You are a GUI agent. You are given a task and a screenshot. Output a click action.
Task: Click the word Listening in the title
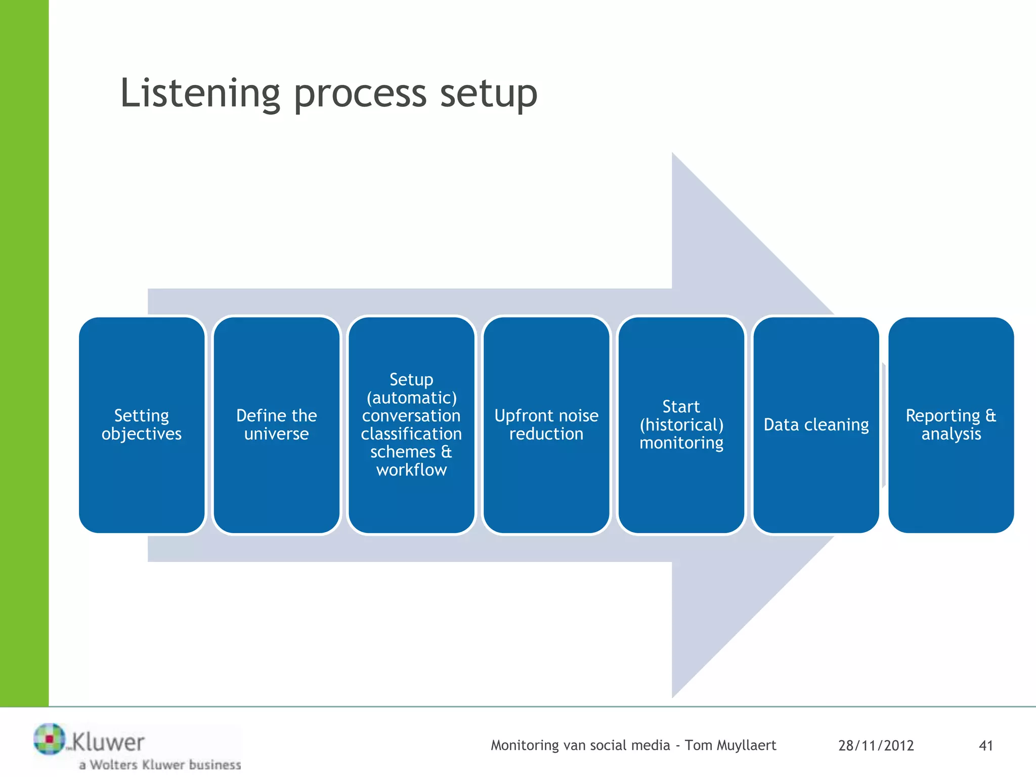pyautogui.click(x=200, y=94)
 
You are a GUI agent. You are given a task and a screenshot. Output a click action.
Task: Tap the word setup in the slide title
pyautogui.click(x=488, y=94)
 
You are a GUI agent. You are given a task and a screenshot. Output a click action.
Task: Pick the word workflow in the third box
pyautogui.click(x=411, y=470)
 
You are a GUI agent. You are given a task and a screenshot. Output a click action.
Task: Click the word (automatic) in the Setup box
pyautogui.click(x=411, y=398)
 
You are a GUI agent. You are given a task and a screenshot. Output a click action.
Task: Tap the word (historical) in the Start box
pyautogui.click(x=681, y=425)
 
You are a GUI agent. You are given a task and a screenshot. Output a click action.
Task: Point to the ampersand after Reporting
pyautogui.click(x=990, y=416)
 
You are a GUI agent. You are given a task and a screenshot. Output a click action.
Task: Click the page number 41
pyautogui.click(x=986, y=746)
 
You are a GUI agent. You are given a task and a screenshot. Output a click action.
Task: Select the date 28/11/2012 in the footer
pyautogui.click(x=876, y=746)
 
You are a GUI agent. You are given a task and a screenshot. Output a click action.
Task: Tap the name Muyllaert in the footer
pyautogui.click(x=746, y=746)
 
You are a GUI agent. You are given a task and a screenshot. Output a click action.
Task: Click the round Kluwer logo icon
pyautogui.click(x=49, y=739)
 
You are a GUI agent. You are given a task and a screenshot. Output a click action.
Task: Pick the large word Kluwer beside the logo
pyautogui.click(x=108, y=743)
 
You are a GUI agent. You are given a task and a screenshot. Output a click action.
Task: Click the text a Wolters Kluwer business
pyautogui.click(x=160, y=764)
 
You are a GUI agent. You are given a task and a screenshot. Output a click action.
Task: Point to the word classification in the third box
pyautogui.click(x=411, y=434)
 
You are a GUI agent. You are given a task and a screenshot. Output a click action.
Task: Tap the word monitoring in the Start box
pyautogui.click(x=681, y=443)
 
